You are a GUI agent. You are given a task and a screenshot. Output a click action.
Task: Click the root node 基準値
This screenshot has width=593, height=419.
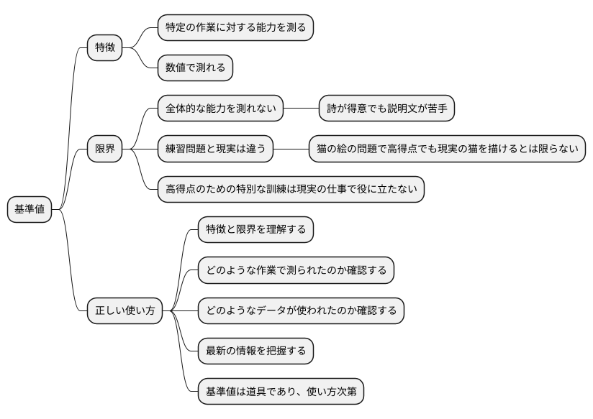pos(30,209)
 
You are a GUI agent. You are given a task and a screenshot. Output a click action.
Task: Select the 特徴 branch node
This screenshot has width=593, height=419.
pos(104,48)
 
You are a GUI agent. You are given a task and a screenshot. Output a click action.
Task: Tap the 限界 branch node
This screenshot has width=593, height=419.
pos(104,149)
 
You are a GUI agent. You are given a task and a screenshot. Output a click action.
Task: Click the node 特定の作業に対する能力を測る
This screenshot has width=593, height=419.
pos(235,28)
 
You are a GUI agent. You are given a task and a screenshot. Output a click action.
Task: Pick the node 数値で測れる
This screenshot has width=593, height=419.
pos(195,68)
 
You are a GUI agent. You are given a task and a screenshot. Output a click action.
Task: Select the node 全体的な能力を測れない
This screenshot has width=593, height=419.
pos(220,109)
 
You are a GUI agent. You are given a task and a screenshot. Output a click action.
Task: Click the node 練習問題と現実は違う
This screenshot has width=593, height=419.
pos(215,149)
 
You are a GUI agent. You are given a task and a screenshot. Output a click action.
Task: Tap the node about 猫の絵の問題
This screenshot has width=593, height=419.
pos(446,149)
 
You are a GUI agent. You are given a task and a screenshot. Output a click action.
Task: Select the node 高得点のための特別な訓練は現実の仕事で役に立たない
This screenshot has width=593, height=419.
pos(291,190)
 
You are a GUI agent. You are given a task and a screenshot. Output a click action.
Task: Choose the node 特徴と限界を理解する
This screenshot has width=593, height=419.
pos(255,230)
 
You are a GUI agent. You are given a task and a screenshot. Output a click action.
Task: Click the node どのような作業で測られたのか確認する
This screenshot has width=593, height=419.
pos(296,270)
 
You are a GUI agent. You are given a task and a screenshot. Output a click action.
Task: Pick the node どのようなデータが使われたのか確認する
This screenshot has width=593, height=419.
pos(301,311)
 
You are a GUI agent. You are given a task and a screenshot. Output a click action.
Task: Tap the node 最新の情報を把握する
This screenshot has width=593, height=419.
pos(255,351)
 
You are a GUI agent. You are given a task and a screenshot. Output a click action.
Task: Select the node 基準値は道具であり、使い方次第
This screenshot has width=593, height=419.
pos(281,392)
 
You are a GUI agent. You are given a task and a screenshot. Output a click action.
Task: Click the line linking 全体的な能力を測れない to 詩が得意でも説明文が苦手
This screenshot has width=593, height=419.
pos(302,109)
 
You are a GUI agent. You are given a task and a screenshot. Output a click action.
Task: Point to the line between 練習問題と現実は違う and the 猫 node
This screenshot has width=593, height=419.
pos(291,149)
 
